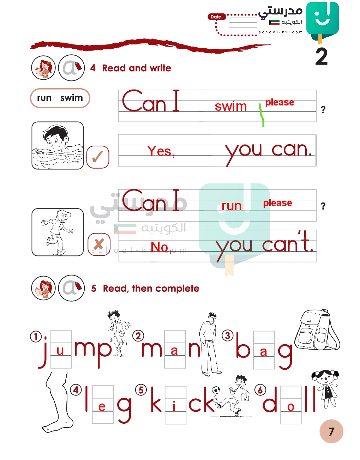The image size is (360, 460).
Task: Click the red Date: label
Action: [x=216, y=17]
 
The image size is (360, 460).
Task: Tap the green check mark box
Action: [x=98, y=157]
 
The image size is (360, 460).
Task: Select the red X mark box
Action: [x=99, y=244]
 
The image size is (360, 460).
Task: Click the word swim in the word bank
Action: [x=71, y=98]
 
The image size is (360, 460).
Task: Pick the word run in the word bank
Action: [x=44, y=98]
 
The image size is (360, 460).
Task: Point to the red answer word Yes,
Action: [x=161, y=151]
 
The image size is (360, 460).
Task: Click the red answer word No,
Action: [x=161, y=247]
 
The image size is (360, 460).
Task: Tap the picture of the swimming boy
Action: [x=58, y=145]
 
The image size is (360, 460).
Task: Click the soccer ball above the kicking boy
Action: [x=216, y=390]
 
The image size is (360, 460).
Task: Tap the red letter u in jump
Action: [x=60, y=351]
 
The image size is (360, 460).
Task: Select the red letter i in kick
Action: [x=174, y=406]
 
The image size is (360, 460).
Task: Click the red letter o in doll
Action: [x=291, y=407]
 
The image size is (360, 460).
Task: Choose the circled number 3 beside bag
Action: [x=227, y=335]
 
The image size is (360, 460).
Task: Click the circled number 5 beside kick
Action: [x=141, y=390]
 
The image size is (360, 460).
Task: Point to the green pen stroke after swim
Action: [x=262, y=115]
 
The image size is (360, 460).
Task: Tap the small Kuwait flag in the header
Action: [x=274, y=23]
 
